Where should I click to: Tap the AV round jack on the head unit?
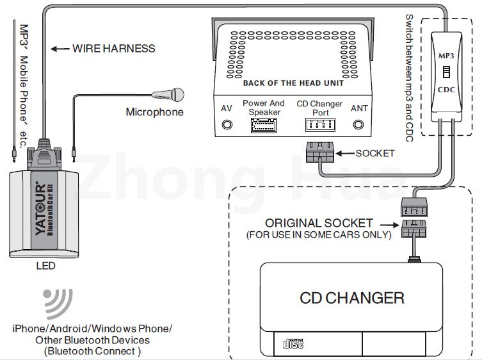coord(227,125)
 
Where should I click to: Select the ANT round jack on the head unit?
coord(358,125)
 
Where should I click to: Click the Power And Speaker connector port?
coord(264,125)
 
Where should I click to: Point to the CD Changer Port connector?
coord(320,125)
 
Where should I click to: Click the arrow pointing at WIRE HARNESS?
coord(60,49)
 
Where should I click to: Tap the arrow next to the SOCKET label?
coord(345,153)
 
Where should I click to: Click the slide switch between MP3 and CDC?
coord(446,72)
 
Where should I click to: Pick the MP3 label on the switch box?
coord(446,56)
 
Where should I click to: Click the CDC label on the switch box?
coord(446,90)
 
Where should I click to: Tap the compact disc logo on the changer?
coord(293,343)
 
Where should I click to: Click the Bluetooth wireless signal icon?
coord(58,303)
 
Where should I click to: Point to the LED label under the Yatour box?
coord(45,266)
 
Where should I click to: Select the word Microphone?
coord(155,112)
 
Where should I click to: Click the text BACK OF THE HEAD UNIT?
coord(293,83)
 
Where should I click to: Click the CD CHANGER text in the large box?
coord(352,298)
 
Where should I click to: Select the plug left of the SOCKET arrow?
coord(320,152)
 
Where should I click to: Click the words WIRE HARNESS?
coord(114,48)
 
